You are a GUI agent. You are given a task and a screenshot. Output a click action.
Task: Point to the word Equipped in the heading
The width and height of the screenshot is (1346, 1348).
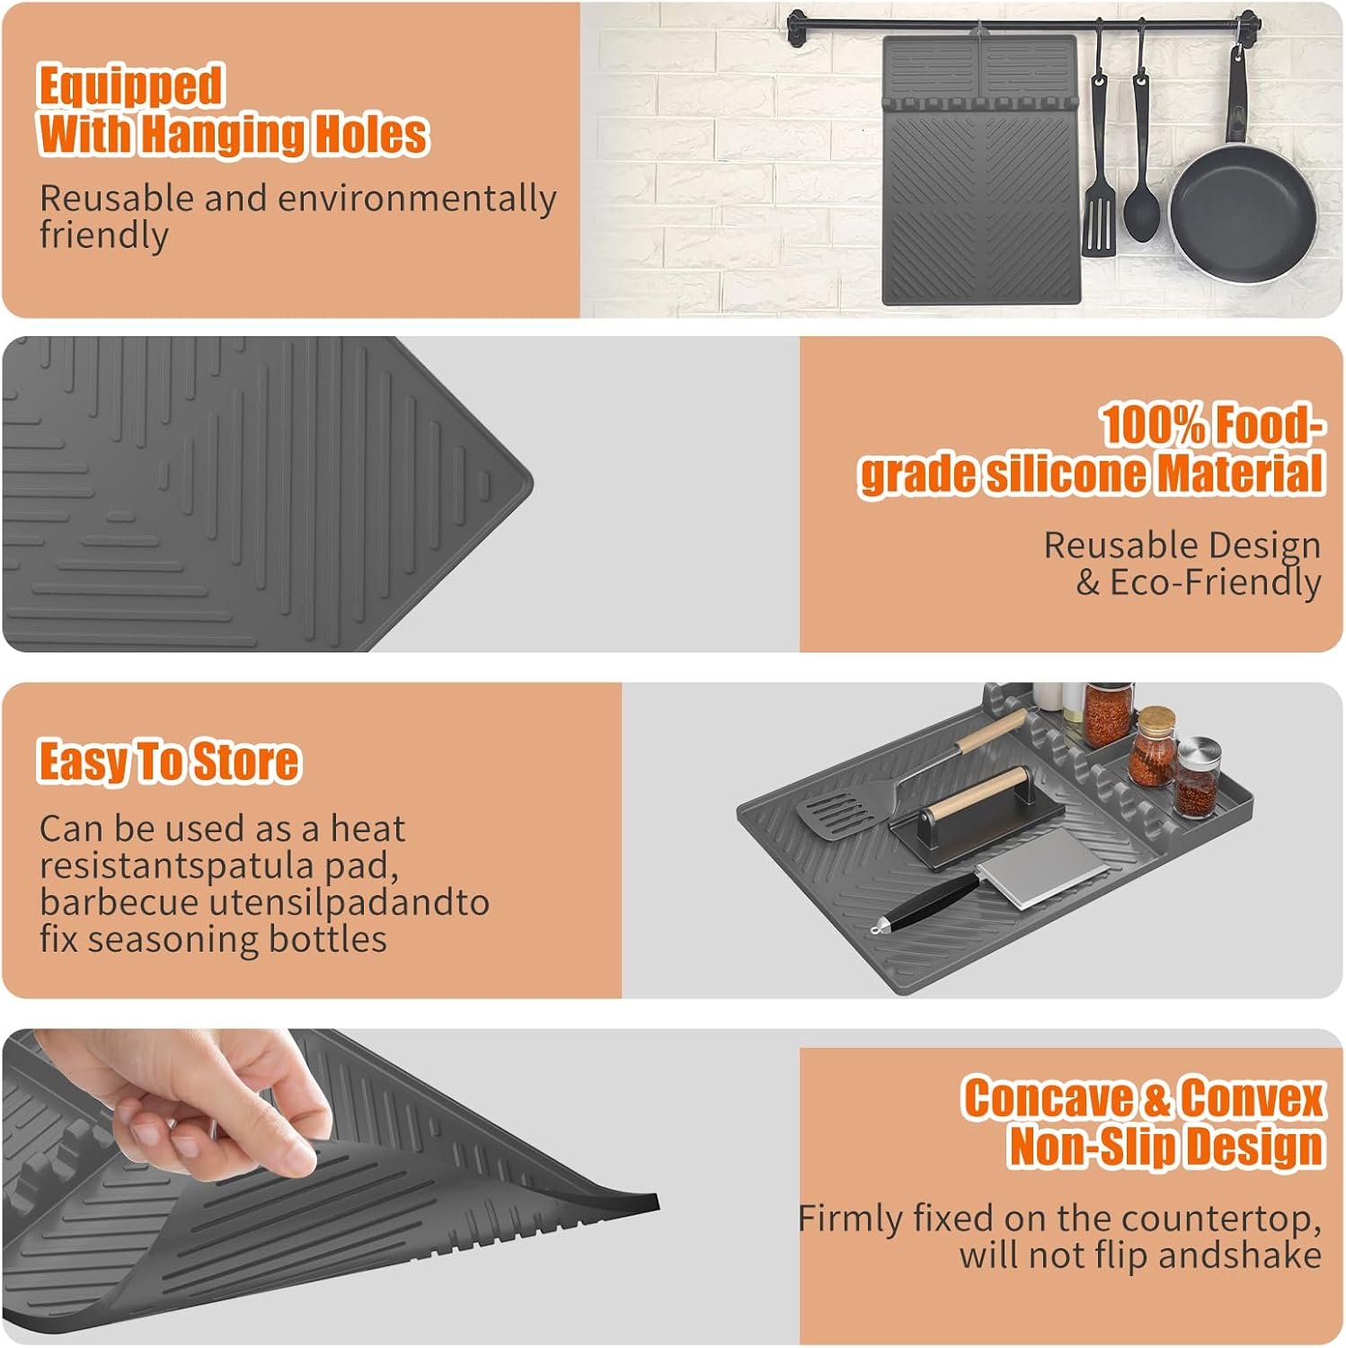click(x=130, y=87)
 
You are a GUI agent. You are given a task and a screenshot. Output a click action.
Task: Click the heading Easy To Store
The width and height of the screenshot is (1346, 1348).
click(x=168, y=761)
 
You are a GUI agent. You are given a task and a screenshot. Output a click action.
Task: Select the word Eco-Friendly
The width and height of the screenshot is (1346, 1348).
click(x=1215, y=582)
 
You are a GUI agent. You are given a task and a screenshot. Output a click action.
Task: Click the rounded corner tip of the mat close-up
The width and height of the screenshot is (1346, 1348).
click(x=526, y=484)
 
